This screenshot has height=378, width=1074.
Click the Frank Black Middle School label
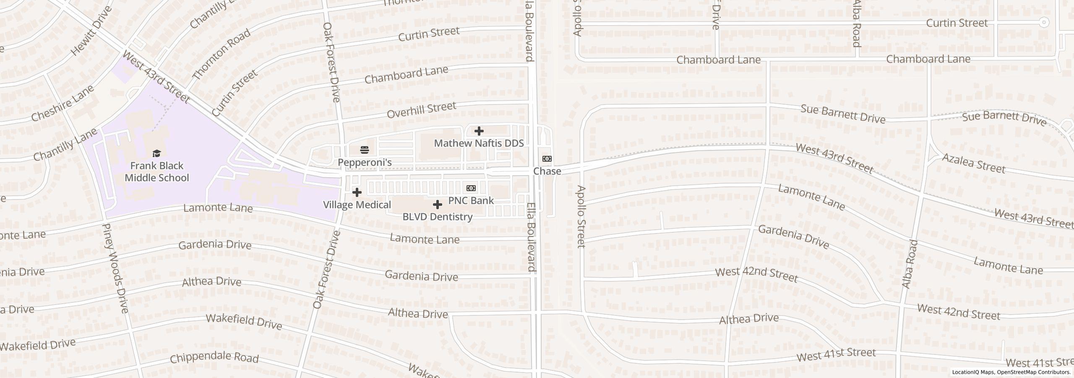click(156, 172)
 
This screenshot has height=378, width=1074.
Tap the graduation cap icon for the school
click(156, 153)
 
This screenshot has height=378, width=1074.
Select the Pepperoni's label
click(365, 162)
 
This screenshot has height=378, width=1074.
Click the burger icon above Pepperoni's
click(365, 150)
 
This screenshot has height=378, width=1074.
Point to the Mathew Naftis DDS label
click(479, 143)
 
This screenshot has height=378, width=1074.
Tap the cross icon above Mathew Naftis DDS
click(479, 131)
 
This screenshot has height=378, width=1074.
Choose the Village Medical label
click(357, 205)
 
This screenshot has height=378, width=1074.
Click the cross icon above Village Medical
click(357, 192)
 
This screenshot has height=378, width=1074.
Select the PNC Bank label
click(471, 200)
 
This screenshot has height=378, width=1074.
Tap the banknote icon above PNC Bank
click(471, 188)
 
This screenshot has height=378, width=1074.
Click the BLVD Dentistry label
click(437, 217)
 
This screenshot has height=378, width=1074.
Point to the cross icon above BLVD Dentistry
click(437, 205)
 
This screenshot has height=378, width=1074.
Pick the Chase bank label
click(547, 171)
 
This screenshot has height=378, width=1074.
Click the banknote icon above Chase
click(547, 159)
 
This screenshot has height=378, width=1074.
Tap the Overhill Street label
click(421, 110)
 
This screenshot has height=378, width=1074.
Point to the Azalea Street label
click(973, 163)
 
